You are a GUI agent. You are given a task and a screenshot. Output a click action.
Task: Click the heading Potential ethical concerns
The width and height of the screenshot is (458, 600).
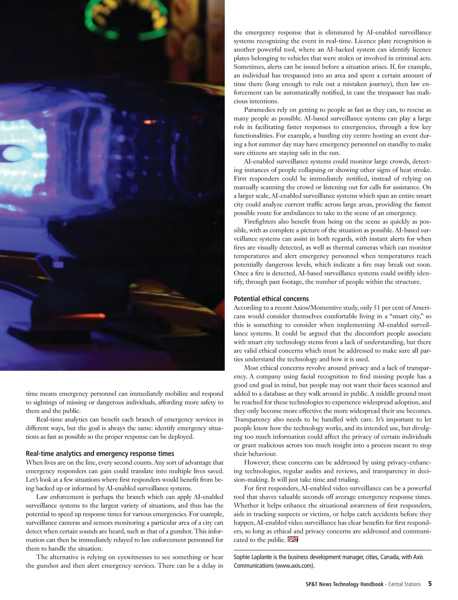click(271, 299)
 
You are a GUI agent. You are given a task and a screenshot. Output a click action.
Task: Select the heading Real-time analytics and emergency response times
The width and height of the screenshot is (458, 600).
click(100, 454)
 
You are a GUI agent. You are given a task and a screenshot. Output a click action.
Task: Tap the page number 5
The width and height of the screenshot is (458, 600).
click(430, 584)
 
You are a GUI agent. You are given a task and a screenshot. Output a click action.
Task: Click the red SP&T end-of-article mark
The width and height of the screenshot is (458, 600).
click(293, 539)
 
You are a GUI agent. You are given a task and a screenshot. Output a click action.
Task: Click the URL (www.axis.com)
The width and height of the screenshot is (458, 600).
click(295, 566)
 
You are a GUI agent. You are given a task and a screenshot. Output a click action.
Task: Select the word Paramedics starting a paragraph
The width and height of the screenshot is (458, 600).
click(262, 110)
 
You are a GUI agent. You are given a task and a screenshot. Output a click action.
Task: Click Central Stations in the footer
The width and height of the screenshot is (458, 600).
click(405, 584)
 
